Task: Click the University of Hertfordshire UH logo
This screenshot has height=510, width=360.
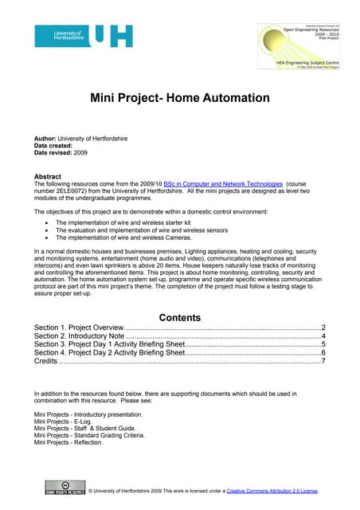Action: [84, 35]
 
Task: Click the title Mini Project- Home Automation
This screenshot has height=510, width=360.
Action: [179, 98]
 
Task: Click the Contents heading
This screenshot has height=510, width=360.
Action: [180, 316]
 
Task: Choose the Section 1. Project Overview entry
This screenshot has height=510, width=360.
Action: [79, 328]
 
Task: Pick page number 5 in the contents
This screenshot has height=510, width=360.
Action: [323, 345]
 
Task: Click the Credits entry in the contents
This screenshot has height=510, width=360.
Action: [46, 362]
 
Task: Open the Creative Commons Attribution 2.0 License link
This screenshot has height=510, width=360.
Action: [272, 491]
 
